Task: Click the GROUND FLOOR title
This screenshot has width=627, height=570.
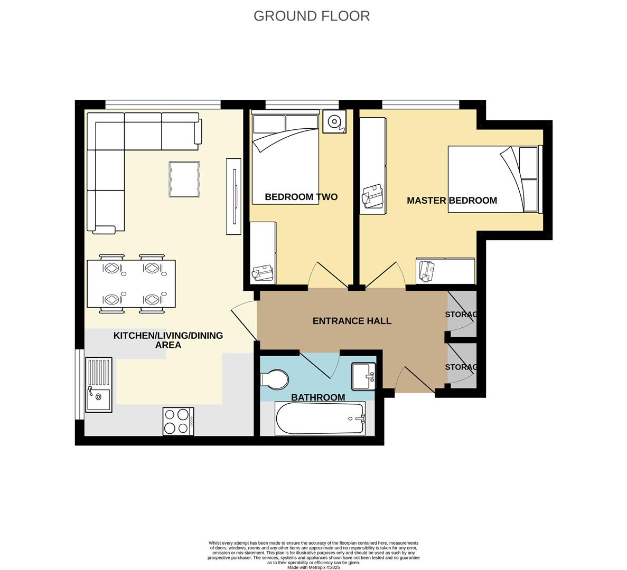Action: (312, 16)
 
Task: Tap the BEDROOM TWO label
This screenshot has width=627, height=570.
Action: (301, 197)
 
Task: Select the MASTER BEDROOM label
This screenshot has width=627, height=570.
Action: (452, 201)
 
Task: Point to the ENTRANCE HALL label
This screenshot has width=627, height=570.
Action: (352, 321)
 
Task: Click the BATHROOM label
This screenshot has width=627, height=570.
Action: (318, 397)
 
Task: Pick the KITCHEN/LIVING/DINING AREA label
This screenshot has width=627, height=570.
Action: (168, 340)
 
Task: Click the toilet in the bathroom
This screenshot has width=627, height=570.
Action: (275, 378)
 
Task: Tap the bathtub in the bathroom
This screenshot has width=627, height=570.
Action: (320, 419)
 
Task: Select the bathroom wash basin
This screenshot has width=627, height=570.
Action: (363, 376)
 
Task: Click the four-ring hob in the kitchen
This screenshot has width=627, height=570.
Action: (178, 421)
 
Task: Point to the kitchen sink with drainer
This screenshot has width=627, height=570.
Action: (99, 385)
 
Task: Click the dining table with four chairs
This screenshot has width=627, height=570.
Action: (131, 284)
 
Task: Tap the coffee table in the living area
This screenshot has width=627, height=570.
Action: (184, 179)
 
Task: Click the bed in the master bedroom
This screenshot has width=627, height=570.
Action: (494, 179)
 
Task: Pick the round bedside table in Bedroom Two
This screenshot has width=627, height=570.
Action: (334, 122)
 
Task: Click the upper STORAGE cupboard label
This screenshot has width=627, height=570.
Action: (461, 315)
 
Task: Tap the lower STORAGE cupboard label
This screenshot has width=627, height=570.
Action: (461, 367)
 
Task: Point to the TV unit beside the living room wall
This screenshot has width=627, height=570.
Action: (233, 196)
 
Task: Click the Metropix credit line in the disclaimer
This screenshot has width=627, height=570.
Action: (314, 567)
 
